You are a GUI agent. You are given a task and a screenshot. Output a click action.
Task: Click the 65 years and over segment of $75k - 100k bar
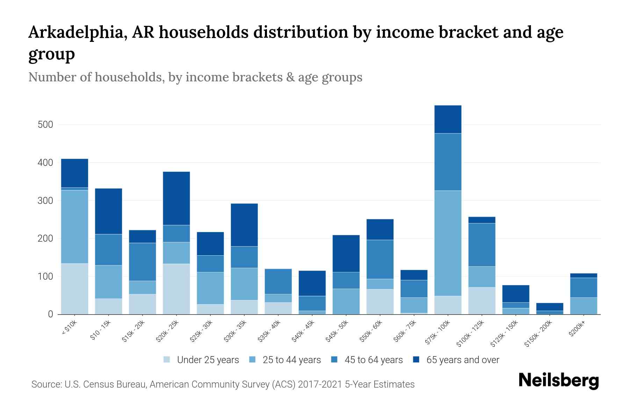click(x=448, y=119)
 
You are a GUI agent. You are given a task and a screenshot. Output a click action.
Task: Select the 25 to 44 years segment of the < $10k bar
click(x=74, y=227)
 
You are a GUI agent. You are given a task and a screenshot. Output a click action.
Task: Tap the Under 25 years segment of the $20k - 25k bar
click(x=176, y=289)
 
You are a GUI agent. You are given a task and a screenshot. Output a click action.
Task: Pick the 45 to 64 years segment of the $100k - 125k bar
click(x=482, y=245)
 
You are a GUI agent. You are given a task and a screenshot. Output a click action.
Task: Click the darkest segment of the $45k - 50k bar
click(x=346, y=253)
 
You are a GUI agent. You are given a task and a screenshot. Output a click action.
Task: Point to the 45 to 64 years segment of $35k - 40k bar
click(x=278, y=281)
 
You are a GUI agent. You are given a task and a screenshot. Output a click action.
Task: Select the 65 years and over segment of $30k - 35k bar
click(x=244, y=225)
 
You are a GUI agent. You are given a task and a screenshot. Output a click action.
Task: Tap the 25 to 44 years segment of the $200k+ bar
click(x=584, y=306)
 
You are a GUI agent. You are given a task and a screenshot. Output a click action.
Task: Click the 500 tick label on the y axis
click(x=45, y=125)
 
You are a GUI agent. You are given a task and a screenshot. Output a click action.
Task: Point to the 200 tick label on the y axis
click(x=45, y=238)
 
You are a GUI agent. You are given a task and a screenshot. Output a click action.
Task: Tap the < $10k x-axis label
click(x=70, y=328)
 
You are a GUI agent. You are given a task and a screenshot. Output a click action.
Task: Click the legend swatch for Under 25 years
click(x=167, y=360)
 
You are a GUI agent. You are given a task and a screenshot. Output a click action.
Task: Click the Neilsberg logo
click(x=558, y=381)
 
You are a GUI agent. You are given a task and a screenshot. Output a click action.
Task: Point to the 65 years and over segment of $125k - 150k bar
click(x=515, y=294)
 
